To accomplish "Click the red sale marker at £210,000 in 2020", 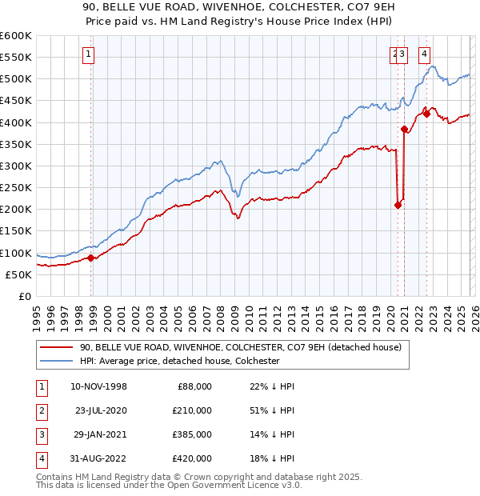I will pos(398,205).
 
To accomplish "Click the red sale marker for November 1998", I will pos(91,258).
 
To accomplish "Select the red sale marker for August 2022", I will pos(426,114).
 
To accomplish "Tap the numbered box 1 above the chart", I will pos(87,54).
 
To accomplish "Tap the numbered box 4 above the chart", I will pos(423,54).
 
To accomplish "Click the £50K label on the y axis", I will pos(18,274).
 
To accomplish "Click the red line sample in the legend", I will pos(56,347).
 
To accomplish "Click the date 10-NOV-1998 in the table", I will pos(98,386).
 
